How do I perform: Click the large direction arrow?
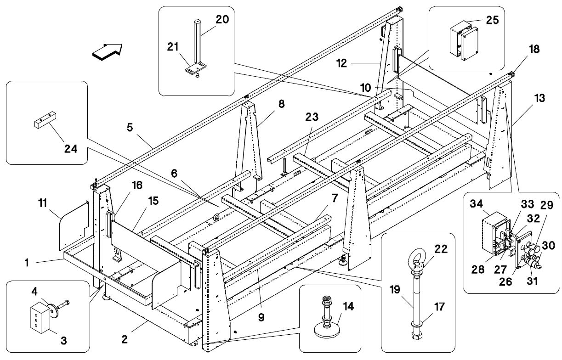pos(108,51)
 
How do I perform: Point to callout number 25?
pos(492,20)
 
